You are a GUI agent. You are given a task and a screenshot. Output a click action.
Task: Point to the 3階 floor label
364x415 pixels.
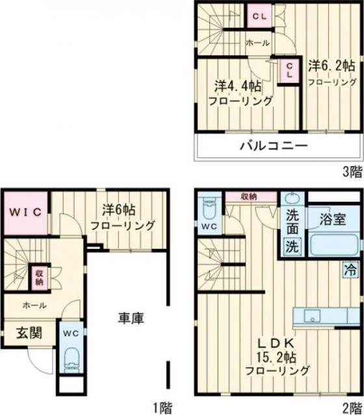point(352,172)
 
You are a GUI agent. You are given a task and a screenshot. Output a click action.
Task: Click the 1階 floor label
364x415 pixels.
point(162,407)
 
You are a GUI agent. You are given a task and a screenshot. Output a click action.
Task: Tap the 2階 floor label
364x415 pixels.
point(352,407)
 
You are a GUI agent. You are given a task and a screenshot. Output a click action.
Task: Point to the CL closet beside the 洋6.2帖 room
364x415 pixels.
point(289,70)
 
